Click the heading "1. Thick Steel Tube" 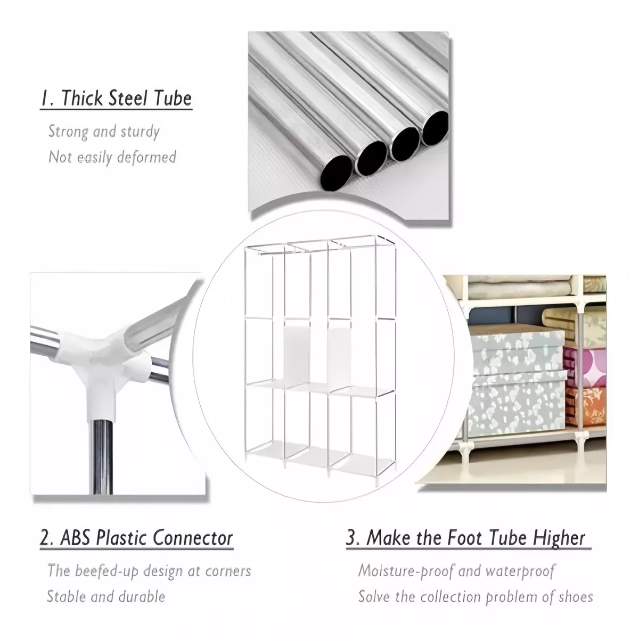pyautogui.click(x=116, y=98)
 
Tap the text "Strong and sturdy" pyautogui.click(x=104, y=132)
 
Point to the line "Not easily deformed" pyautogui.click(x=112, y=157)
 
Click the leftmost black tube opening pyautogui.click(x=337, y=173)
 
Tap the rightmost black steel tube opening pyautogui.click(x=435, y=128)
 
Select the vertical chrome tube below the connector pyautogui.click(x=101, y=457)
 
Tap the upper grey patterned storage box pyautogui.click(x=517, y=351)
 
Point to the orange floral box pyautogui.click(x=586, y=406)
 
